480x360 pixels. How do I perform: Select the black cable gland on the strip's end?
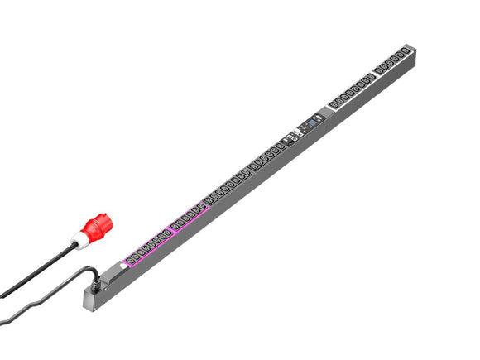tap(99, 281)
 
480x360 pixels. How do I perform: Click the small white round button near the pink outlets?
tap(125, 264)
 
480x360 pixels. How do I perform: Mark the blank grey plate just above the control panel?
tap(323, 115)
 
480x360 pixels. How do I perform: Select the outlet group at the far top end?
tap(392, 61)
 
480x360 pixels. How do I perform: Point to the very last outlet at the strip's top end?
tap(406, 53)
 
